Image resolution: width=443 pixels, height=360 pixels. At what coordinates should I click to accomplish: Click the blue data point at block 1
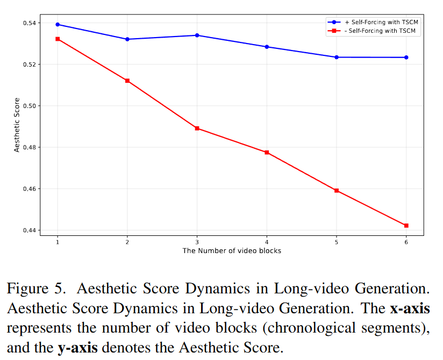click(x=58, y=24)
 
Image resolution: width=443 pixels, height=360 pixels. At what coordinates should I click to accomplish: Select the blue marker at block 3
click(x=197, y=35)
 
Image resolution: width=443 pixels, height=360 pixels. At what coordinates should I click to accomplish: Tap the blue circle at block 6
click(x=406, y=57)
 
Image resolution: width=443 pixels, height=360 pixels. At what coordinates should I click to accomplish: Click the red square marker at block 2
click(x=127, y=81)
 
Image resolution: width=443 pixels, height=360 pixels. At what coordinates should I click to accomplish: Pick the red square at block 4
click(x=267, y=153)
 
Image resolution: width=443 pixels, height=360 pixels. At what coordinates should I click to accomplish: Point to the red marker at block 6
click(x=406, y=225)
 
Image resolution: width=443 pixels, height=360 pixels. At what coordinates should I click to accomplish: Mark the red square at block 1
click(x=58, y=39)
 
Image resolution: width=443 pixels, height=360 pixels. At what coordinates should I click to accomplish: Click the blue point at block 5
click(x=337, y=57)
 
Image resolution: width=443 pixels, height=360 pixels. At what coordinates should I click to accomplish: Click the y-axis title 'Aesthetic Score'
click(x=17, y=125)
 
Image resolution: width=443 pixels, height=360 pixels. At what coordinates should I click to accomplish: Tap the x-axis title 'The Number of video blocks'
click(x=232, y=250)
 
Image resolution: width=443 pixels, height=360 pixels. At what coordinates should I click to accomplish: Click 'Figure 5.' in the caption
click(x=37, y=289)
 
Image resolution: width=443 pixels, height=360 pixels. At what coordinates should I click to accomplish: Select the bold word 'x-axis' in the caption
click(x=409, y=308)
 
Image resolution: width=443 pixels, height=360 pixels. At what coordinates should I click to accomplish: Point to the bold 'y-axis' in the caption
click(x=77, y=348)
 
